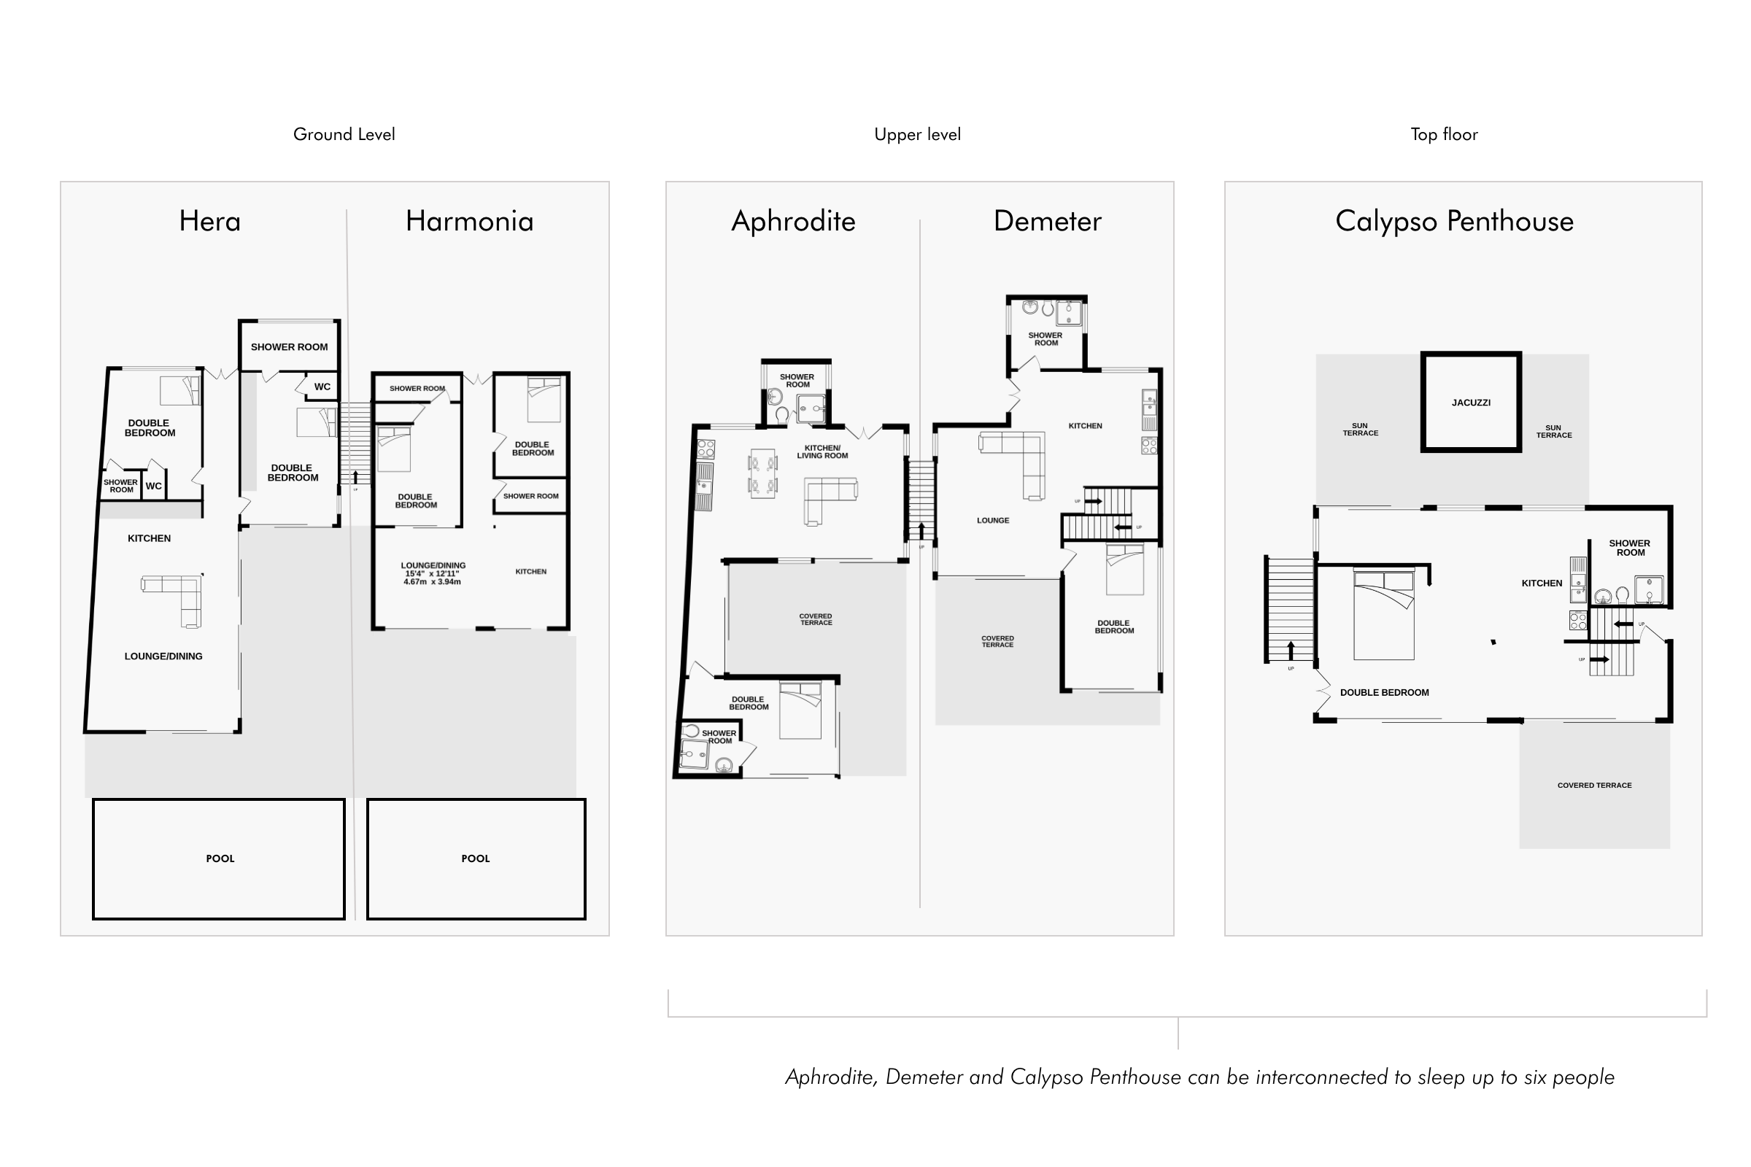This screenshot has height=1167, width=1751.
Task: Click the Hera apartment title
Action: (x=210, y=221)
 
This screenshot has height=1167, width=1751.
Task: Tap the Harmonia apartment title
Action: (x=470, y=221)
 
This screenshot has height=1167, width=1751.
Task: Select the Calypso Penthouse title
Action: (x=1455, y=222)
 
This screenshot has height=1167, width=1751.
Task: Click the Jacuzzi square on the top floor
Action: (x=1471, y=402)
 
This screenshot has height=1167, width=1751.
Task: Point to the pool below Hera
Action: (x=219, y=859)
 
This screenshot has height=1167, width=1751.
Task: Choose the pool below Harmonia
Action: (x=476, y=859)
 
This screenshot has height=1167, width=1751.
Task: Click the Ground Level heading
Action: (x=344, y=135)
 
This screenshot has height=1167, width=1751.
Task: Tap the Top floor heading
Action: (x=1445, y=135)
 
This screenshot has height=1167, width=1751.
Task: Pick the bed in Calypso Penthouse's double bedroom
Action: (x=1384, y=614)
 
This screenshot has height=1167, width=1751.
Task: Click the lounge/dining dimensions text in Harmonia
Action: (x=432, y=578)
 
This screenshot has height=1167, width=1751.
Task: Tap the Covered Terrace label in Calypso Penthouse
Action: (x=1595, y=786)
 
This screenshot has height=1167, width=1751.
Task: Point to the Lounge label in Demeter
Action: (x=993, y=520)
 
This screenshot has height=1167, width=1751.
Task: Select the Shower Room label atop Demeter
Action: (x=1045, y=339)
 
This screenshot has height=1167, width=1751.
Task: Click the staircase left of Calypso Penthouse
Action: (x=1290, y=610)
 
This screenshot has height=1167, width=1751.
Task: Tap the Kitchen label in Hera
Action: (x=149, y=538)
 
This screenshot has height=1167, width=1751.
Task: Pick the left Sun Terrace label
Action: (x=1360, y=430)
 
